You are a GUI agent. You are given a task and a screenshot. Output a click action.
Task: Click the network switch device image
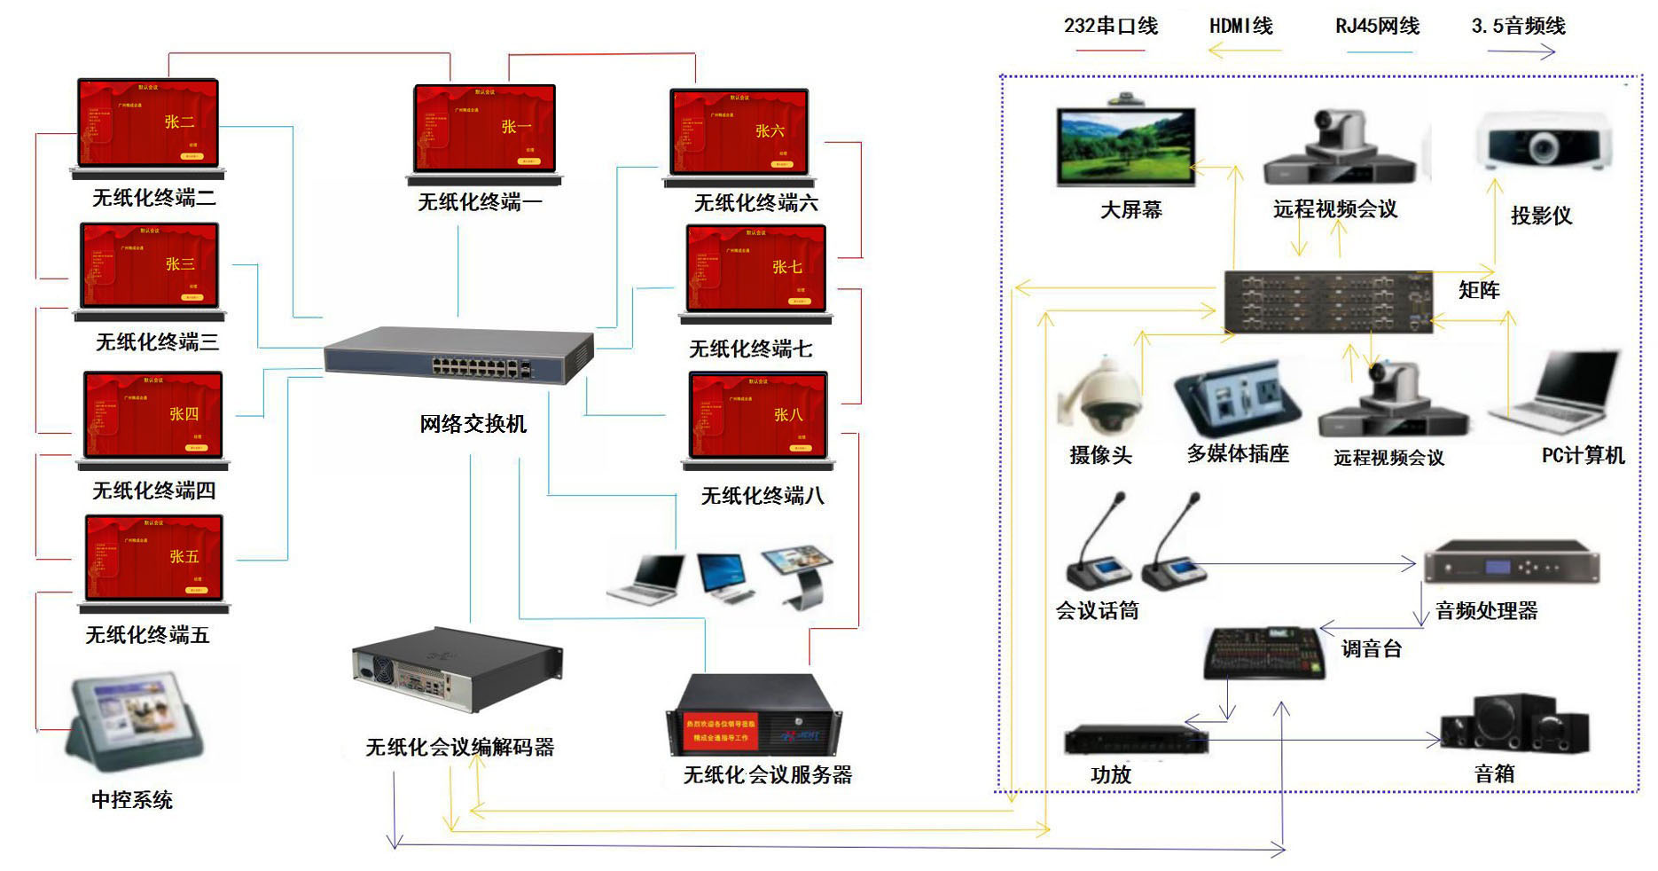click(458, 356)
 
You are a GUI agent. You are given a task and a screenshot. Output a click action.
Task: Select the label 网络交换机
click(473, 424)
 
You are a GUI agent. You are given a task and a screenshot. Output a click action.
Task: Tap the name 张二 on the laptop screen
click(179, 122)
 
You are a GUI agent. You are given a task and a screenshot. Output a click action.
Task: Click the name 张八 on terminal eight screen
click(787, 415)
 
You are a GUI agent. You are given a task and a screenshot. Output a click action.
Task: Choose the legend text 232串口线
click(1110, 27)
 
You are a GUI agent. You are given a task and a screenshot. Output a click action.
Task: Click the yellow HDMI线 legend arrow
click(1244, 51)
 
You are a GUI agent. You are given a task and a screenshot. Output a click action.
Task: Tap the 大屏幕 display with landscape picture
click(1126, 146)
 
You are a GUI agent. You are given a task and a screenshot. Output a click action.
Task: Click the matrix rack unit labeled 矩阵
click(1327, 302)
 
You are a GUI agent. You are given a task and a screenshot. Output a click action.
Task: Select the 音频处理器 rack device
click(1511, 561)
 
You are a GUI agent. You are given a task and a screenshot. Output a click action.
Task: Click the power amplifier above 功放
click(1135, 740)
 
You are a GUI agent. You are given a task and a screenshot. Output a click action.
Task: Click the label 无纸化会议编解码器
click(459, 748)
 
